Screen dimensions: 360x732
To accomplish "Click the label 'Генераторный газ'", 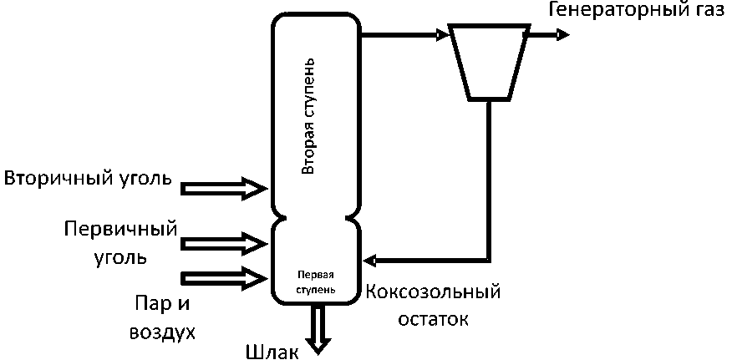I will pyautogui.click(x=638, y=11).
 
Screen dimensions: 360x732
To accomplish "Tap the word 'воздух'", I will pyautogui.click(x=162, y=332).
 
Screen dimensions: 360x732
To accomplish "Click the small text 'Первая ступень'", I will pyautogui.click(x=317, y=281).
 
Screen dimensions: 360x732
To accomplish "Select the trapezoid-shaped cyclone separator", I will pyautogui.click(x=489, y=59).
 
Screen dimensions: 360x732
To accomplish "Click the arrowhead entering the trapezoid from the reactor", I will pyautogui.click(x=442, y=35).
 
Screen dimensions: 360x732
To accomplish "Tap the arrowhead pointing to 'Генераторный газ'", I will pyautogui.click(x=564, y=35).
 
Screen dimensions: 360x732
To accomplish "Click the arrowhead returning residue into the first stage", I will pyautogui.click(x=372, y=258).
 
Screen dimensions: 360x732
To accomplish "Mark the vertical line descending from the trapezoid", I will pyautogui.click(x=489, y=175).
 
